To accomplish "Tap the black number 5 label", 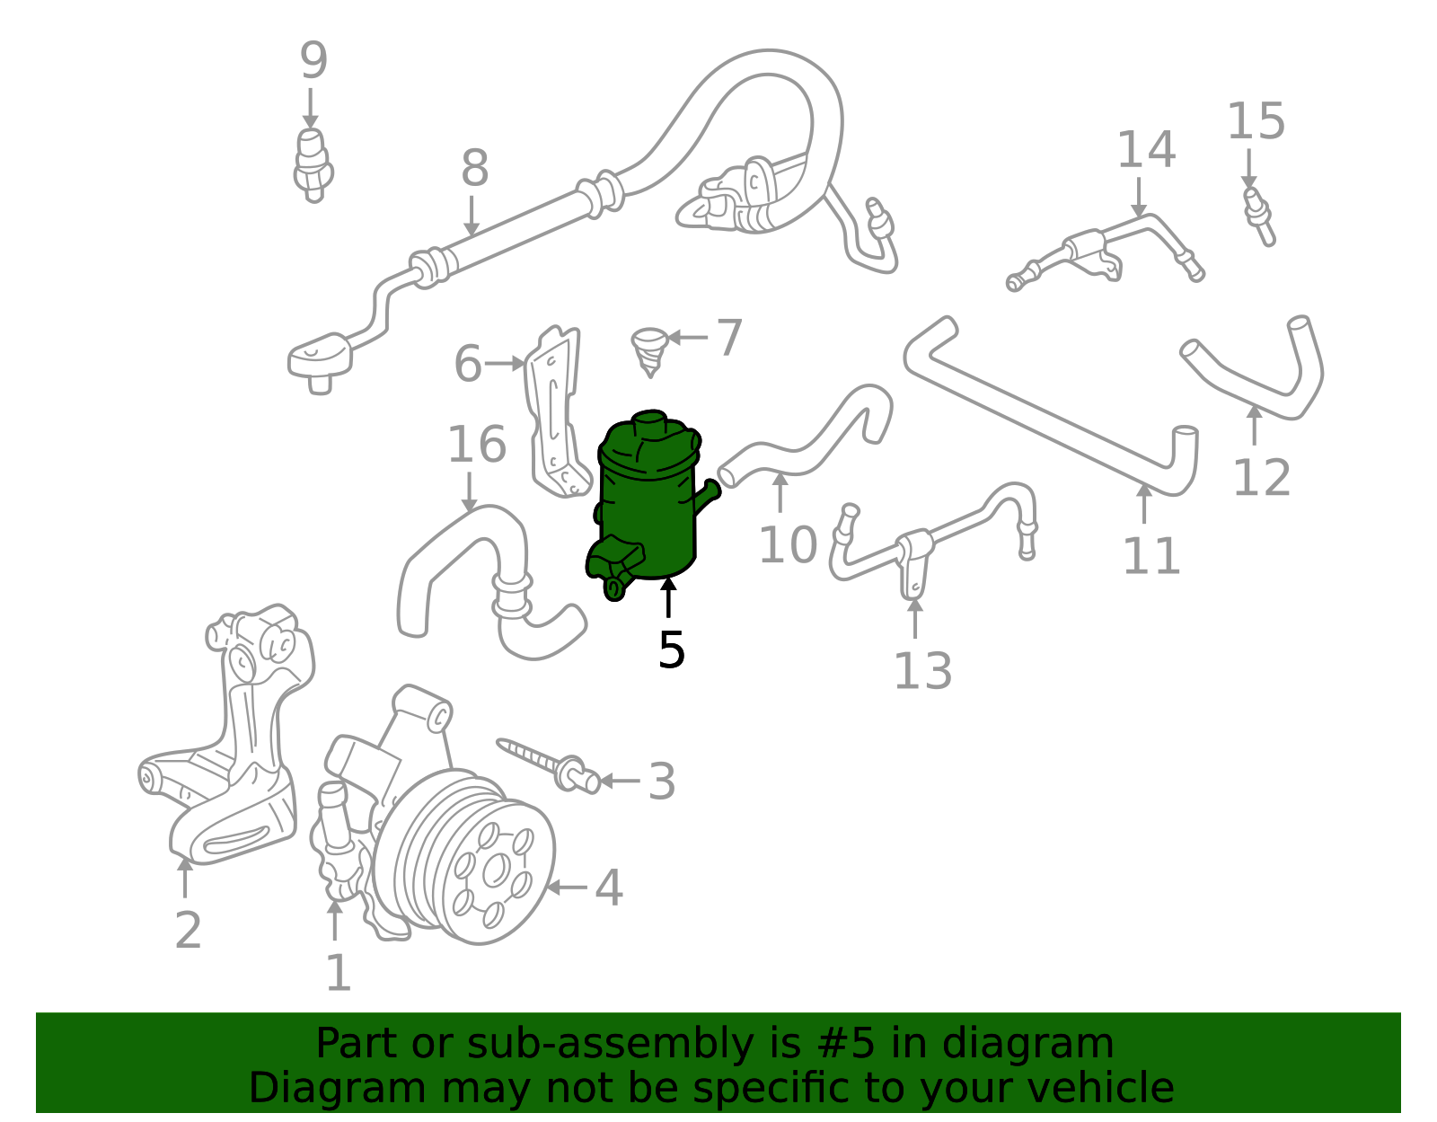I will [x=671, y=649].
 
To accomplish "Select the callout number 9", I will [x=313, y=61].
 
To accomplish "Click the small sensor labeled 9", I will [x=312, y=163].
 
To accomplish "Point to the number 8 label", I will [x=474, y=168].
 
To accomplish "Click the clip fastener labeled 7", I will [x=648, y=349].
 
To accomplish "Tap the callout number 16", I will [x=477, y=445].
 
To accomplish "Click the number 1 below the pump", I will [x=338, y=973].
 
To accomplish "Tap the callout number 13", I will [x=922, y=671].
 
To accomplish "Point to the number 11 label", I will [x=1151, y=556].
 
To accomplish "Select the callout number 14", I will [x=1146, y=150].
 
